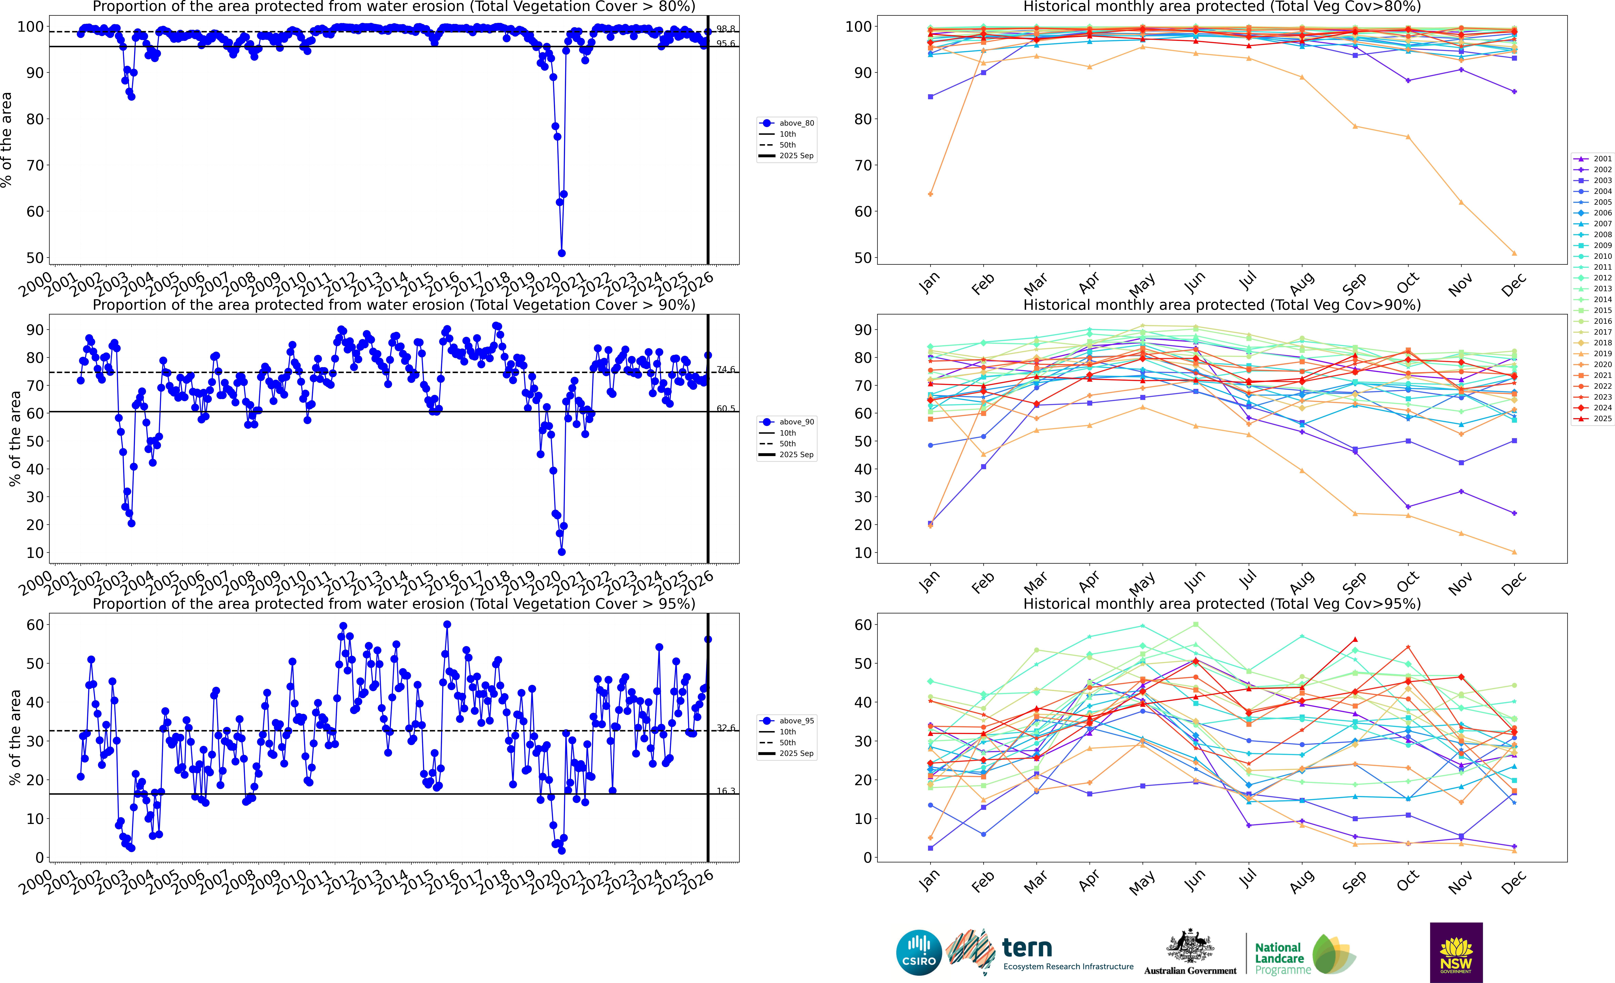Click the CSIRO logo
click(x=918, y=952)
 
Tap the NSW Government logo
click(x=1456, y=952)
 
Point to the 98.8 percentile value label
click(x=726, y=29)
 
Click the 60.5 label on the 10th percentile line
click(x=726, y=408)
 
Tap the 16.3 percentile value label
click(x=726, y=791)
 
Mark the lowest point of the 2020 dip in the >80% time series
click(x=561, y=253)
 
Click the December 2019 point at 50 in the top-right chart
click(x=1514, y=253)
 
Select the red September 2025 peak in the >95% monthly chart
click(x=1355, y=640)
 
